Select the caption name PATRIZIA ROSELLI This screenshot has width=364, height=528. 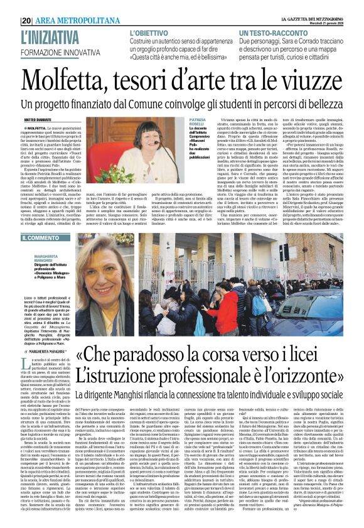pyautogui.click(x=198, y=122)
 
